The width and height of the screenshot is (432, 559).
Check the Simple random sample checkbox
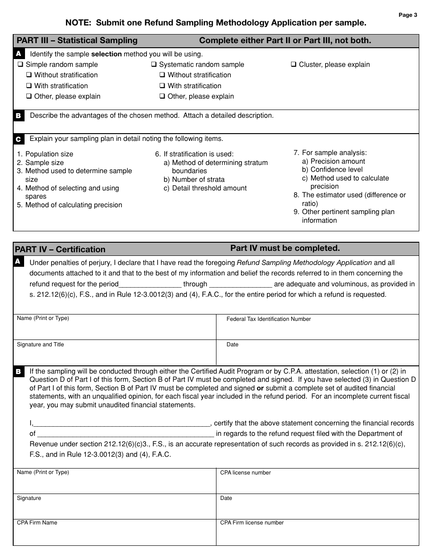20,65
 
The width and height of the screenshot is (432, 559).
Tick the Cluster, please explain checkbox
293,65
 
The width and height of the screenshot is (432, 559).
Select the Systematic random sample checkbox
154,65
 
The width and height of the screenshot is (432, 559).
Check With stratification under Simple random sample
29,86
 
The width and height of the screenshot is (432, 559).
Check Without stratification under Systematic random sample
162,75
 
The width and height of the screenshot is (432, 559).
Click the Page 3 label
408,15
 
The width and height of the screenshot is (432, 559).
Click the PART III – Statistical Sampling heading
77,40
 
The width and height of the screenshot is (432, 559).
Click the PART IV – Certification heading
60,249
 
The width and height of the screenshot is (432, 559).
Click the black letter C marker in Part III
18,139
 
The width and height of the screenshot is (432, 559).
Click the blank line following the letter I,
122,423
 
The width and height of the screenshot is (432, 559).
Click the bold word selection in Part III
106,54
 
